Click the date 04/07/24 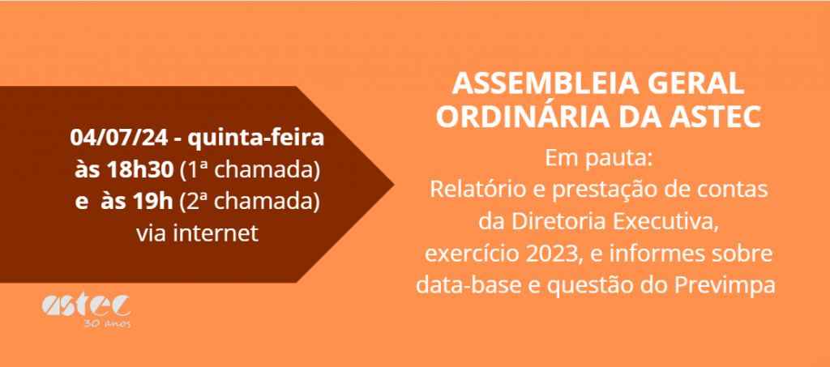point(119,139)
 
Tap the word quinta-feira point(255,139)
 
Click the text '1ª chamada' point(250,170)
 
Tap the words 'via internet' point(198,233)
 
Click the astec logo point(86,305)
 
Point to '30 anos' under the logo point(107,323)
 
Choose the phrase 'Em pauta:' point(598,159)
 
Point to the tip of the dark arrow point(394,185)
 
